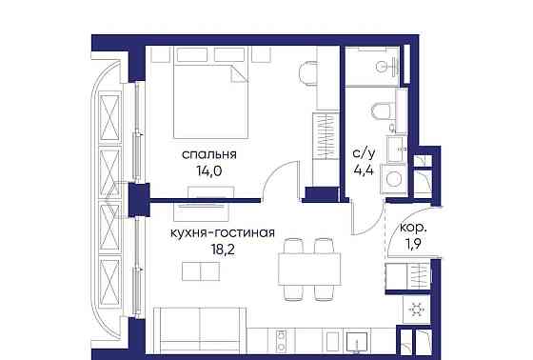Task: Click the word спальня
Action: pyautogui.click(x=209, y=153)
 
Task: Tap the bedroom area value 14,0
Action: pyautogui.click(x=209, y=172)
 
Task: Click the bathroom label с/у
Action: pyautogui.click(x=363, y=151)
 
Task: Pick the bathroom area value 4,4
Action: pyautogui.click(x=363, y=171)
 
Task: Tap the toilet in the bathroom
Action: pyautogui.click(x=383, y=111)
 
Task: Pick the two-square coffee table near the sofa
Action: pyautogui.click(x=199, y=272)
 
